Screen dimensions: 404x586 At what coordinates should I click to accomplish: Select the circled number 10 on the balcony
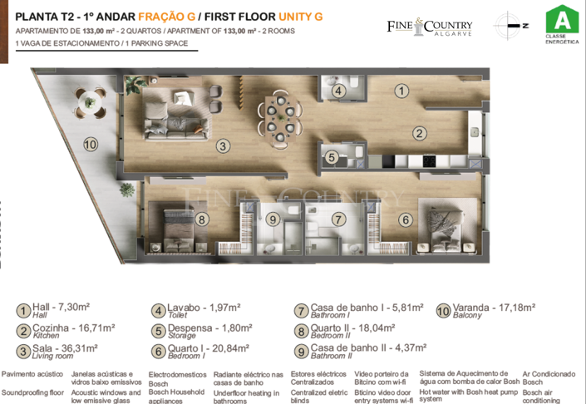tap(91, 144)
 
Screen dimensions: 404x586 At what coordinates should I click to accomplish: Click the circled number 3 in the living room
tap(222, 147)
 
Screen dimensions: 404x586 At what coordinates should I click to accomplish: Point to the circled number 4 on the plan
tap(339, 91)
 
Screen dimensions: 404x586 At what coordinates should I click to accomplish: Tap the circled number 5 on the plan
tap(331, 156)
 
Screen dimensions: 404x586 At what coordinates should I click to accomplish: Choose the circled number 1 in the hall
tap(401, 91)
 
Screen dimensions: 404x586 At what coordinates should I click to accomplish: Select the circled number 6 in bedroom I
tap(405, 220)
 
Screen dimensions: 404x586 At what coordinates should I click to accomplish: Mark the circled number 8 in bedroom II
tap(201, 219)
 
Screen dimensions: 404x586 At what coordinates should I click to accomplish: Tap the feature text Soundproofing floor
tap(32, 391)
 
